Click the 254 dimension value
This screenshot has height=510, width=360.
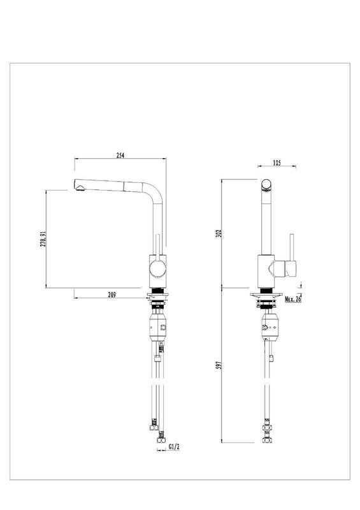tap(120, 155)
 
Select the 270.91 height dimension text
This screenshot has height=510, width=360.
tap(43, 238)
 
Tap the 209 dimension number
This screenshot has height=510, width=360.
tap(112, 295)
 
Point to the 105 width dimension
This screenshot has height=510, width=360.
tap(277, 163)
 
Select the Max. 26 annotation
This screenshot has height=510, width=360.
tap(293, 299)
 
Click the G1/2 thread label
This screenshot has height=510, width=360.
tap(174, 447)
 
